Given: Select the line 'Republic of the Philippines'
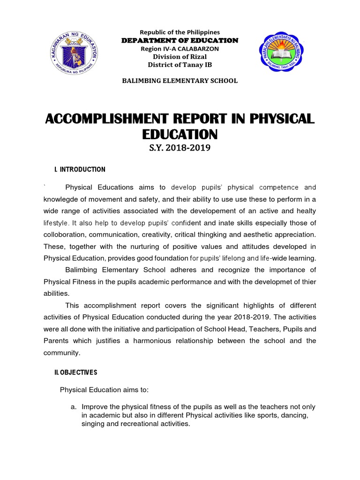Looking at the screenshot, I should (x=180, y=32).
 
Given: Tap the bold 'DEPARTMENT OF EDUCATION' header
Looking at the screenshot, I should (x=180, y=40).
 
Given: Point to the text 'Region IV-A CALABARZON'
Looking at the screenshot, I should (x=180, y=49).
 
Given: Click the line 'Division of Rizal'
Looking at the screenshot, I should (x=180, y=57).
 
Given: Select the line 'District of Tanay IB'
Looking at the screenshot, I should (x=180, y=65).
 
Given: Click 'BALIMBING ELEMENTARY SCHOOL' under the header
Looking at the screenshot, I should (x=180, y=81).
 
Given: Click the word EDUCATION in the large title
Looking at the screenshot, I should (x=180, y=135).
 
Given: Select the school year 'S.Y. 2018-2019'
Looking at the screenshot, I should (x=180, y=149).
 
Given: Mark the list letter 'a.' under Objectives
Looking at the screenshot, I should (x=74, y=406).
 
